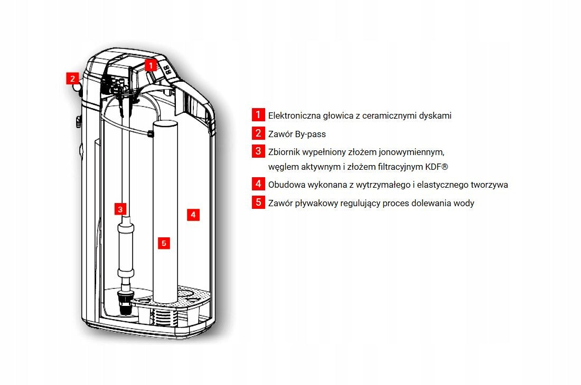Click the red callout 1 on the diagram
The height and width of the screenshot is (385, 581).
[151, 65]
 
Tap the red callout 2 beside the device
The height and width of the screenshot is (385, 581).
[73, 79]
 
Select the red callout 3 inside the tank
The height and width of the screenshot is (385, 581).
[120, 209]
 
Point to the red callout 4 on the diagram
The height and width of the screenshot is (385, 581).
[193, 215]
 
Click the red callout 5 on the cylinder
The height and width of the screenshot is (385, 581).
[164, 243]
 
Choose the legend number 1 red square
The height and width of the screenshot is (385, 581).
[258, 114]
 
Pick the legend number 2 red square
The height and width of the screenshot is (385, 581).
[258, 133]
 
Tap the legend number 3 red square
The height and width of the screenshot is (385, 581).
[258, 151]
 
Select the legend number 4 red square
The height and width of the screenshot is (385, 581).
[258, 184]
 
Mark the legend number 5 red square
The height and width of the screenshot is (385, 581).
[258, 203]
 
